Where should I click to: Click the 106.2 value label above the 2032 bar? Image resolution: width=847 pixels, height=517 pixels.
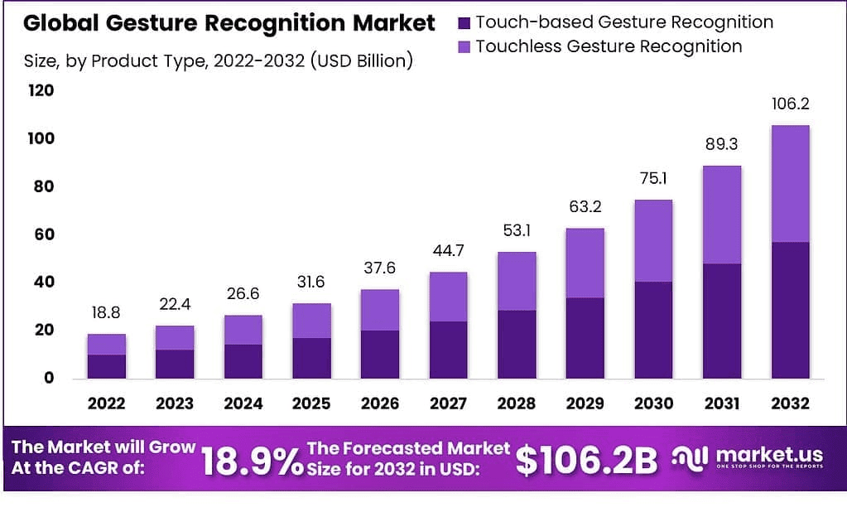(790, 104)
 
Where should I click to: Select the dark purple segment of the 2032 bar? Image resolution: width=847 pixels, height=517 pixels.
(790, 310)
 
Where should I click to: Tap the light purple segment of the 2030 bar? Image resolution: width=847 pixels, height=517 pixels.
(652, 240)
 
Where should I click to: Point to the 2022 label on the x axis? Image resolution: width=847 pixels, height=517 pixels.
(106, 403)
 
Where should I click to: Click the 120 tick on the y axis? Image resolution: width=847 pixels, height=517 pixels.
(41, 90)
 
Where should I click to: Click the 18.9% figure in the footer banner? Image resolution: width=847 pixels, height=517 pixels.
(252, 461)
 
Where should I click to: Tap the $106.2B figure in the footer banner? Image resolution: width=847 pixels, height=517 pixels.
(586, 461)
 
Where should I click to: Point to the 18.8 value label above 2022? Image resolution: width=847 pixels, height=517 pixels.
(106, 313)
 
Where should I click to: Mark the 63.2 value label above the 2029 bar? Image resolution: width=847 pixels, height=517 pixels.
(585, 207)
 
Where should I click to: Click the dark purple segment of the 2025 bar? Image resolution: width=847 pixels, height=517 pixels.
(311, 358)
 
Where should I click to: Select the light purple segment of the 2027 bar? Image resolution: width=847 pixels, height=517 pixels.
(448, 297)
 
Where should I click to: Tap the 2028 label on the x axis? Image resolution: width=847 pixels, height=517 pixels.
(517, 403)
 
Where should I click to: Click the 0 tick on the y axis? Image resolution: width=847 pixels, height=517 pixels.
(49, 378)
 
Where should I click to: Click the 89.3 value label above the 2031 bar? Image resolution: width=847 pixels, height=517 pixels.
(721, 145)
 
